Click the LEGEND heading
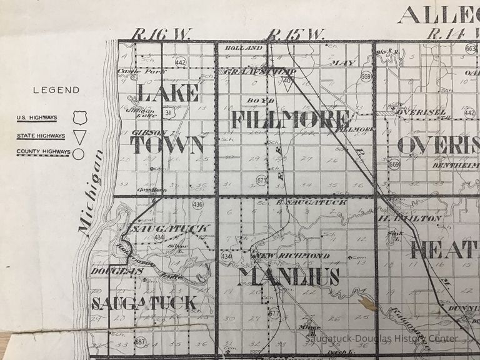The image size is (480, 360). tap(56, 90)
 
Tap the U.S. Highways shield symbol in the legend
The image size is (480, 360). tap(78, 117)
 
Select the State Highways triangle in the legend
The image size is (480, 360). tap(78, 136)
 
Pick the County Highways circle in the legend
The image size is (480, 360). tap(78, 153)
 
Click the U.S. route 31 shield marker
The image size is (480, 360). tap(168, 112)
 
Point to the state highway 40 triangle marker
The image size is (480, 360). tap(287, 81)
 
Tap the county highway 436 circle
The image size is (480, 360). tap(198, 204)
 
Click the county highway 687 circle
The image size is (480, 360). tap(140, 342)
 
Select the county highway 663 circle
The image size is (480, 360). tap(471, 49)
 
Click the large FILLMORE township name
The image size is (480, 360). tap(291, 119)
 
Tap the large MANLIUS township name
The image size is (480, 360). tap(288, 276)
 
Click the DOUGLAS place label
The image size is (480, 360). tap(109, 271)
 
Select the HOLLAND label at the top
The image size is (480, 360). tap(244, 48)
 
